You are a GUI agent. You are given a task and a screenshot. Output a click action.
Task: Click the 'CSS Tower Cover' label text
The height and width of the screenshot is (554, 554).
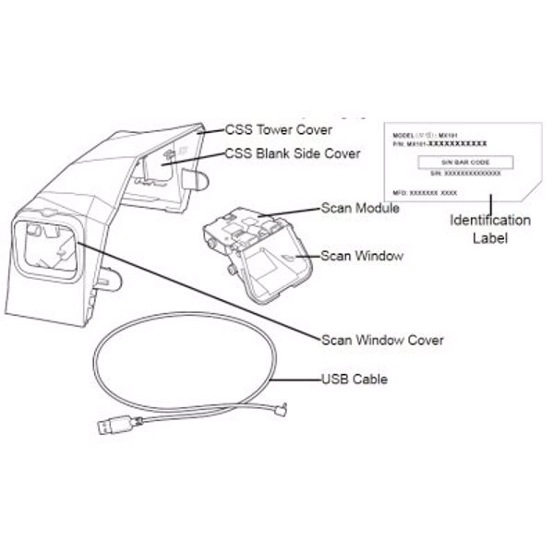click(x=278, y=129)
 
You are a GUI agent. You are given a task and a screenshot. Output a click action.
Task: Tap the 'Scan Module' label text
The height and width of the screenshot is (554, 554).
click(x=359, y=209)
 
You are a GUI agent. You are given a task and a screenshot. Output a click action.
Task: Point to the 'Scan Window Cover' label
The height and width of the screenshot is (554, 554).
click(x=381, y=340)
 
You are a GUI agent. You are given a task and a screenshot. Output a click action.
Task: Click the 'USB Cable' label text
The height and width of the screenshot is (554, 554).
click(x=354, y=379)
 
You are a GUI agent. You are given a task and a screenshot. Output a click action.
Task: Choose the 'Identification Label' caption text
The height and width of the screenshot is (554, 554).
click(x=489, y=228)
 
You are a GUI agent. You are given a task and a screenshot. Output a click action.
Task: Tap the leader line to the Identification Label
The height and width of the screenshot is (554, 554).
click(x=492, y=203)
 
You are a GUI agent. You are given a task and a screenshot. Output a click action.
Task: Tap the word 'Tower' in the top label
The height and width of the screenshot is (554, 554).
click(x=276, y=129)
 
